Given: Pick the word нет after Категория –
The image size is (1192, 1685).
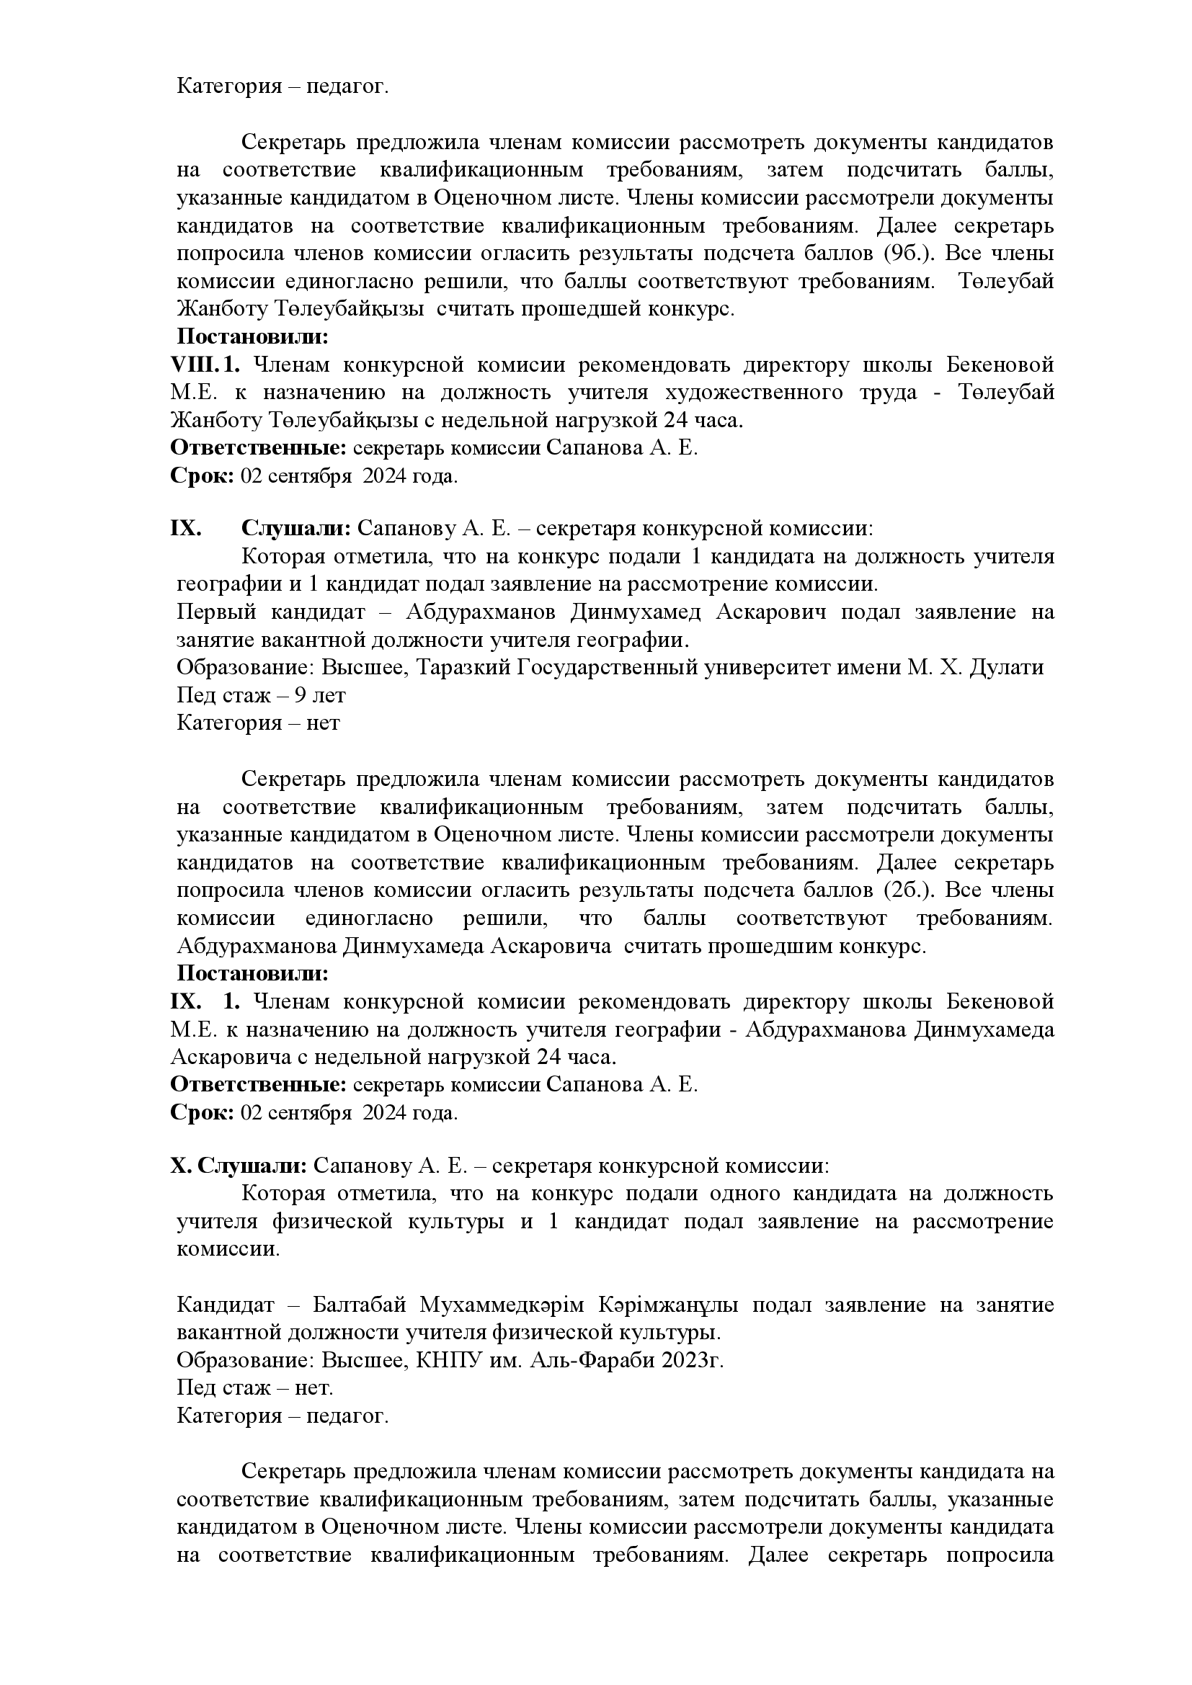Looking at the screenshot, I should coord(323,723).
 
